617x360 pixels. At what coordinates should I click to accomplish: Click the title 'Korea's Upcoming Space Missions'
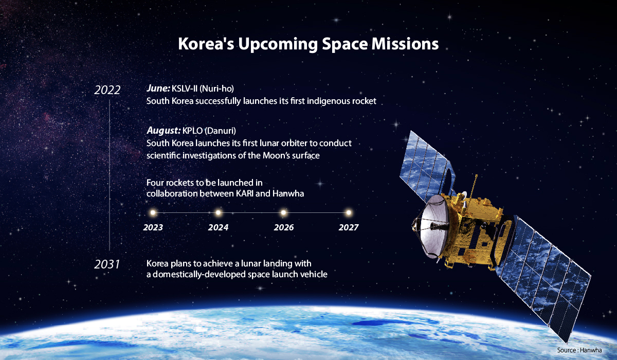pos(308,44)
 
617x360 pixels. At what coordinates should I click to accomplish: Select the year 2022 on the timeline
pos(107,90)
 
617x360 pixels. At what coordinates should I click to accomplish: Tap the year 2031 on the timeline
pos(107,264)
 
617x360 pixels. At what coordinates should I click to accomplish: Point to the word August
pos(164,131)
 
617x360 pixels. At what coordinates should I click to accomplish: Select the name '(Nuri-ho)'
pos(216,88)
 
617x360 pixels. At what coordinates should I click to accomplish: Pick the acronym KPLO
pos(192,131)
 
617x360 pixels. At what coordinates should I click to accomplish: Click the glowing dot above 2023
pos(153,212)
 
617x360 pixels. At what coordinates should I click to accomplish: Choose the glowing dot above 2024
pos(218,212)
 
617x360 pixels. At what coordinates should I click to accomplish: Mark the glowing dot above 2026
pos(283,212)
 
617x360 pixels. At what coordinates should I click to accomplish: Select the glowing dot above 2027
pos(349,212)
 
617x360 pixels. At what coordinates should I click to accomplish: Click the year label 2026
pos(284,227)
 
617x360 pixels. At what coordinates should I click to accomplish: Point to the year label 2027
pos(349,227)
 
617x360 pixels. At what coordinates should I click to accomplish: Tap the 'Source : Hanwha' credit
pos(579,350)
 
